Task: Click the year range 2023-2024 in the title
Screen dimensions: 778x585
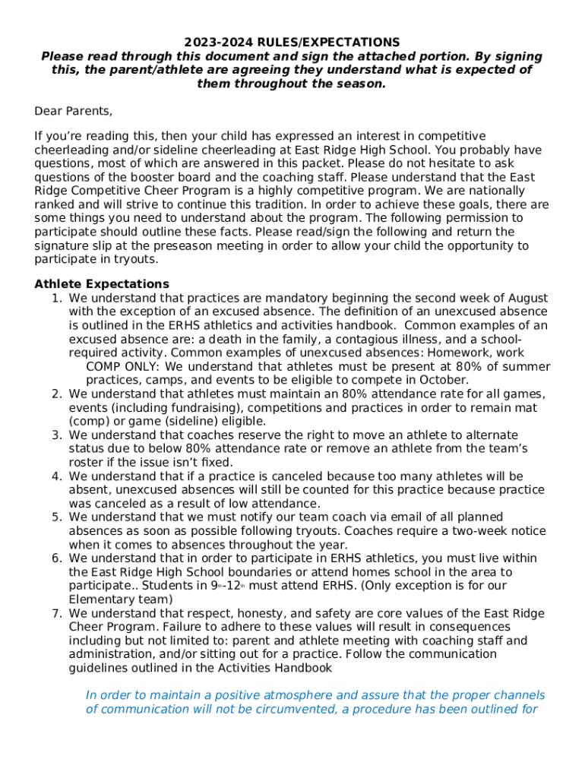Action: pos(217,42)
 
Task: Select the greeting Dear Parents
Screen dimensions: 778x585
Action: pos(74,112)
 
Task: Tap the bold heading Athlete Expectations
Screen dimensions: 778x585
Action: pos(102,284)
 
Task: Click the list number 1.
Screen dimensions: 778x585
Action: pos(56,298)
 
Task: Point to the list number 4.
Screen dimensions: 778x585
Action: pos(56,476)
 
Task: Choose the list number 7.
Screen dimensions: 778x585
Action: pos(56,613)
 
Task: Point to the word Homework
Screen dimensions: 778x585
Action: pos(459,353)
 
